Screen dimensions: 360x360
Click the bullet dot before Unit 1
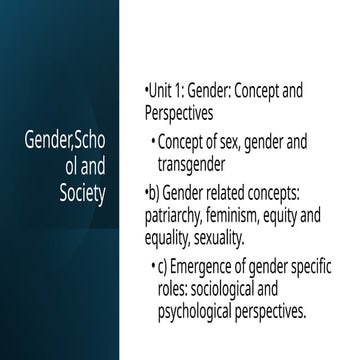[x=146, y=91]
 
